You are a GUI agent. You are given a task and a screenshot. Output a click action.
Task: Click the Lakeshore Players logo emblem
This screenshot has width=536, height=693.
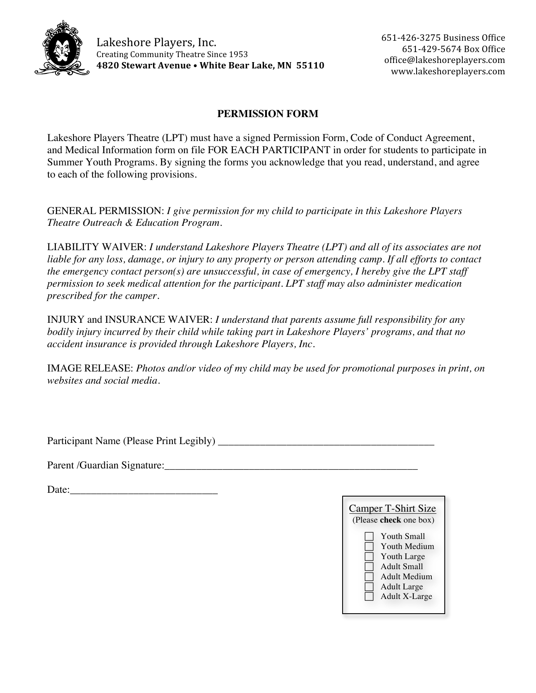(62, 48)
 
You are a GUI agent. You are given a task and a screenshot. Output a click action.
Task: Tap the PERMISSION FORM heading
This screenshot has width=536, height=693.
(267, 114)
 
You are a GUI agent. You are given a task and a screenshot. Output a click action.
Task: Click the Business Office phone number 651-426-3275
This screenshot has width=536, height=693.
(411, 38)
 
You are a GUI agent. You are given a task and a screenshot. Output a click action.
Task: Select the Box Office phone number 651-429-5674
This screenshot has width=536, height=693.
(431, 49)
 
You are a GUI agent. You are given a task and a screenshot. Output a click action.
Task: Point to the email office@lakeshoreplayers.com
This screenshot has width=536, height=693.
(444, 60)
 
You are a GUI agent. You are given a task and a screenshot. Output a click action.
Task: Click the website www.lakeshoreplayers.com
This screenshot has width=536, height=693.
(448, 71)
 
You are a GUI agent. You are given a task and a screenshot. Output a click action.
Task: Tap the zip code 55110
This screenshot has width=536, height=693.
(310, 66)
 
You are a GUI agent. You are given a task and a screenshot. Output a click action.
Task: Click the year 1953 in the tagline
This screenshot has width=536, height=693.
(238, 55)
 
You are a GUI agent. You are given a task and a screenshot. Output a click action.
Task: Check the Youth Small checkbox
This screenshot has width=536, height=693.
(369, 536)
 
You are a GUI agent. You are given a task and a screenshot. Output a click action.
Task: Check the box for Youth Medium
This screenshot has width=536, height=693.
(369, 547)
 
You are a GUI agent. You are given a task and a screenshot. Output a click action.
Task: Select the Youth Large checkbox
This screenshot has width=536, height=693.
(369, 557)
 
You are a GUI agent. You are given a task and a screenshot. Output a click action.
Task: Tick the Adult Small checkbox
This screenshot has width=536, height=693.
(369, 567)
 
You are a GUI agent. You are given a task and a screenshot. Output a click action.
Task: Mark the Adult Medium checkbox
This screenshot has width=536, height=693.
(369, 577)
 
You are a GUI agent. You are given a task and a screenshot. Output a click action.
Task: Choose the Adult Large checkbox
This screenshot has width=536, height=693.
(369, 587)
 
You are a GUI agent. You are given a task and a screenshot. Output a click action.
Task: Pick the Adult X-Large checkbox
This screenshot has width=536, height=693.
(369, 597)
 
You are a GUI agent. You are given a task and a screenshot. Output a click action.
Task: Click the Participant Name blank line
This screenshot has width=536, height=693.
(326, 442)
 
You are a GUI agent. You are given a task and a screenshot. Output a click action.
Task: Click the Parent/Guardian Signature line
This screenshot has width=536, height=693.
(291, 466)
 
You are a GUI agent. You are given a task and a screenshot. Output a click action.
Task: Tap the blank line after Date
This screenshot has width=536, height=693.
(144, 490)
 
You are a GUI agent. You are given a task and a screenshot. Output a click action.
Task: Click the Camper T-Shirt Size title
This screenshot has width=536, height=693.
(393, 509)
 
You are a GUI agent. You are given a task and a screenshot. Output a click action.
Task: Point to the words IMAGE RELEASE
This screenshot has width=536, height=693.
(90, 369)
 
